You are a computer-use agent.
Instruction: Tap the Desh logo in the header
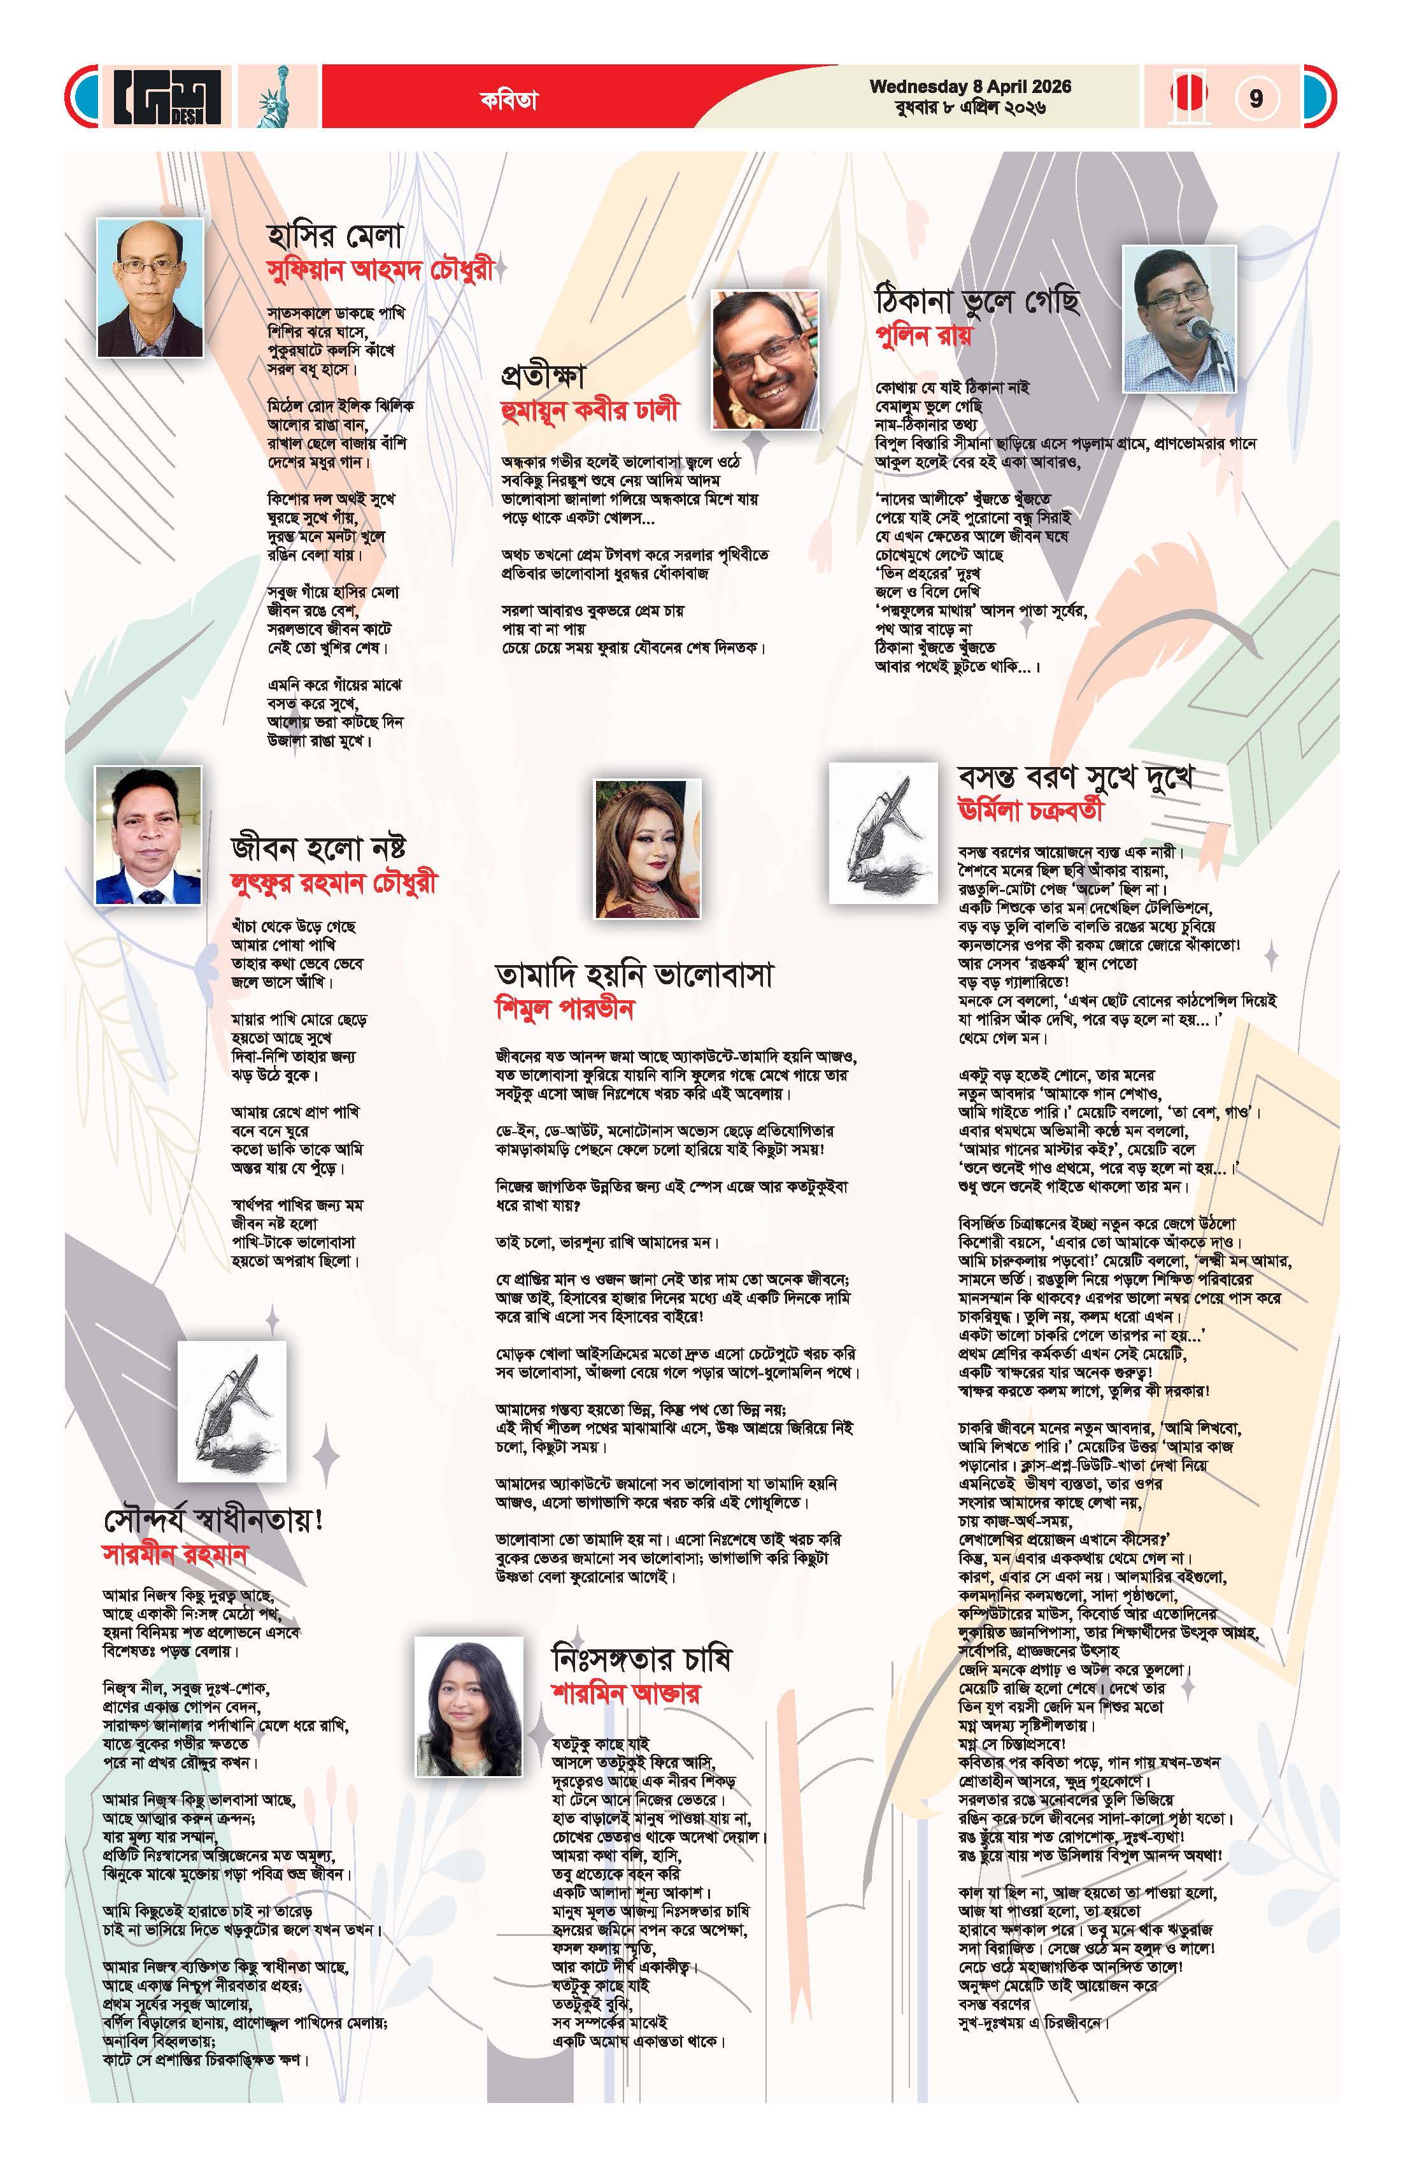[166, 96]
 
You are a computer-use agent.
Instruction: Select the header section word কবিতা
[509, 100]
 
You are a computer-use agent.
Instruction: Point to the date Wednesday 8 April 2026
[970, 87]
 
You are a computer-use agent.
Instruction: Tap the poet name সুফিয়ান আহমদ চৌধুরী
[380, 270]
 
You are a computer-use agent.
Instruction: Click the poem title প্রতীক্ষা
[543, 375]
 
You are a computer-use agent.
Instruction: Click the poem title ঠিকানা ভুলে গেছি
[977, 300]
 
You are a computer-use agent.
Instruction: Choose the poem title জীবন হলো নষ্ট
[318, 847]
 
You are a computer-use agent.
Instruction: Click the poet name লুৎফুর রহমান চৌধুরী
[334, 883]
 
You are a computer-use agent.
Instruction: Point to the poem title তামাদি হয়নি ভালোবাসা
[634, 975]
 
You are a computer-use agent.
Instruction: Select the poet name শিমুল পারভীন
[564, 1008]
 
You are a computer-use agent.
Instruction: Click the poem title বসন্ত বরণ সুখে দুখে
[1074, 777]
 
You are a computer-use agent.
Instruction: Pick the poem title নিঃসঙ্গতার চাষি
[641, 1658]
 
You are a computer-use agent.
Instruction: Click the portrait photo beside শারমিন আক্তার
[469, 1707]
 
